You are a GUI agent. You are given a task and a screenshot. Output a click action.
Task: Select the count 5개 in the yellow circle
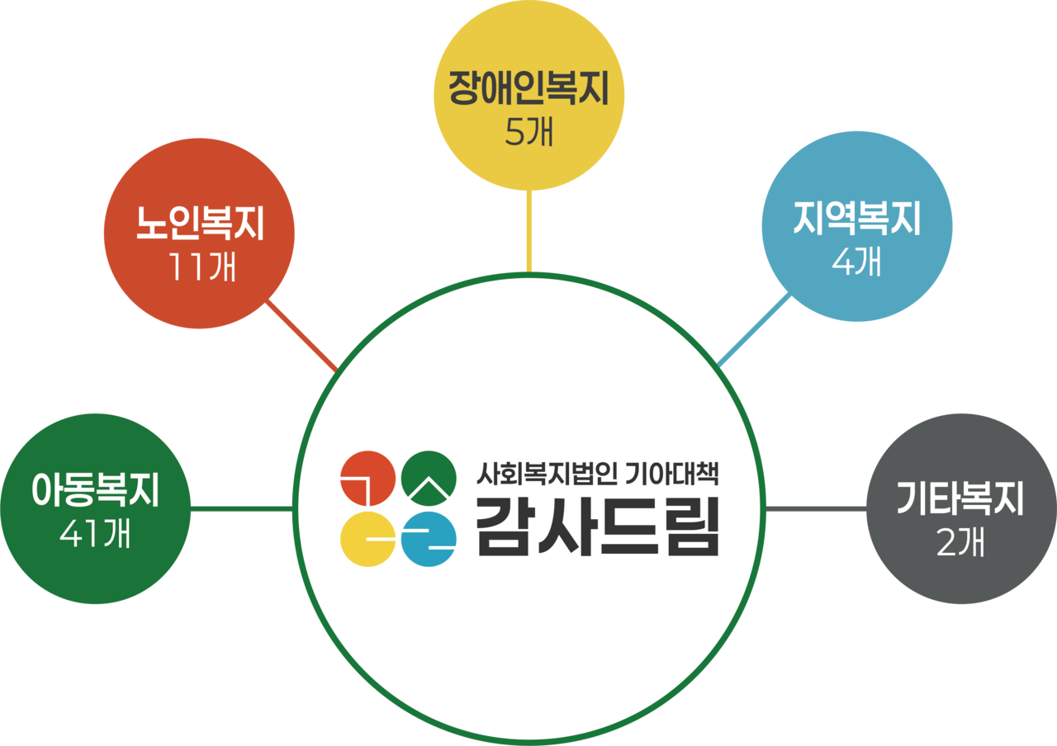tap(528, 132)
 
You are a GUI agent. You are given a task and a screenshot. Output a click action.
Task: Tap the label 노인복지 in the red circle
tap(200, 224)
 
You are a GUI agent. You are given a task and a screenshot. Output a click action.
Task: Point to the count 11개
tap(200, 266)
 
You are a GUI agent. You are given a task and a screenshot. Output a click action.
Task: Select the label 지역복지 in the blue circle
tap(856, 218)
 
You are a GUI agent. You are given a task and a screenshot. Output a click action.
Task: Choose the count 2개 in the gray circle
tap(960, 542)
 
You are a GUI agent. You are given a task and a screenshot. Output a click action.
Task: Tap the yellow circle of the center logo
tap(367, 540)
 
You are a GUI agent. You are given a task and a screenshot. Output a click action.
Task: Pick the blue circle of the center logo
tap(428, 540)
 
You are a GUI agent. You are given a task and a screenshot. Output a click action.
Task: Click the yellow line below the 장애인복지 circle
tap(529, 231)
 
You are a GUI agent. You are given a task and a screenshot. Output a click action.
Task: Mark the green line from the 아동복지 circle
tap(242, 509)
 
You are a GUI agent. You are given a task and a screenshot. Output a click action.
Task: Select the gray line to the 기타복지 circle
tap(816, 509)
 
